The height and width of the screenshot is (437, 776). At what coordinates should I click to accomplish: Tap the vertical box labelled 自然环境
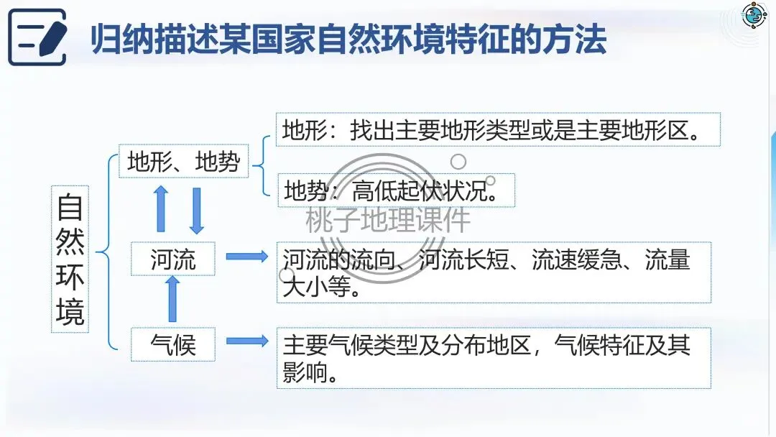pos(70,259)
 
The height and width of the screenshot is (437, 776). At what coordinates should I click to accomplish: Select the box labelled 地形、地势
pos(183,162)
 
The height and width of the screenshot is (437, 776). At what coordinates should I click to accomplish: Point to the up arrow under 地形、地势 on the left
pos(161,208)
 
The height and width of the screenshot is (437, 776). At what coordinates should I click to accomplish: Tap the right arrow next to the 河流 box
pos(246,257)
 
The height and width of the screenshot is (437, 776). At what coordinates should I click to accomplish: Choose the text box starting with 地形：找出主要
pos(498,130)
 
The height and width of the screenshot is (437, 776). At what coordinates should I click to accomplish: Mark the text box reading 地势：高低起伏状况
pos(395,190)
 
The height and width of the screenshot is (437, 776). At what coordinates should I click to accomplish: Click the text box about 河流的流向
pos(494,272)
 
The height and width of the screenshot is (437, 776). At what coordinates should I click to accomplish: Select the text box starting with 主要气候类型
pos(494,357)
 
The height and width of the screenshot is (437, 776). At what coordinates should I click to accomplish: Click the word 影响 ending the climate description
pos(303,372)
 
